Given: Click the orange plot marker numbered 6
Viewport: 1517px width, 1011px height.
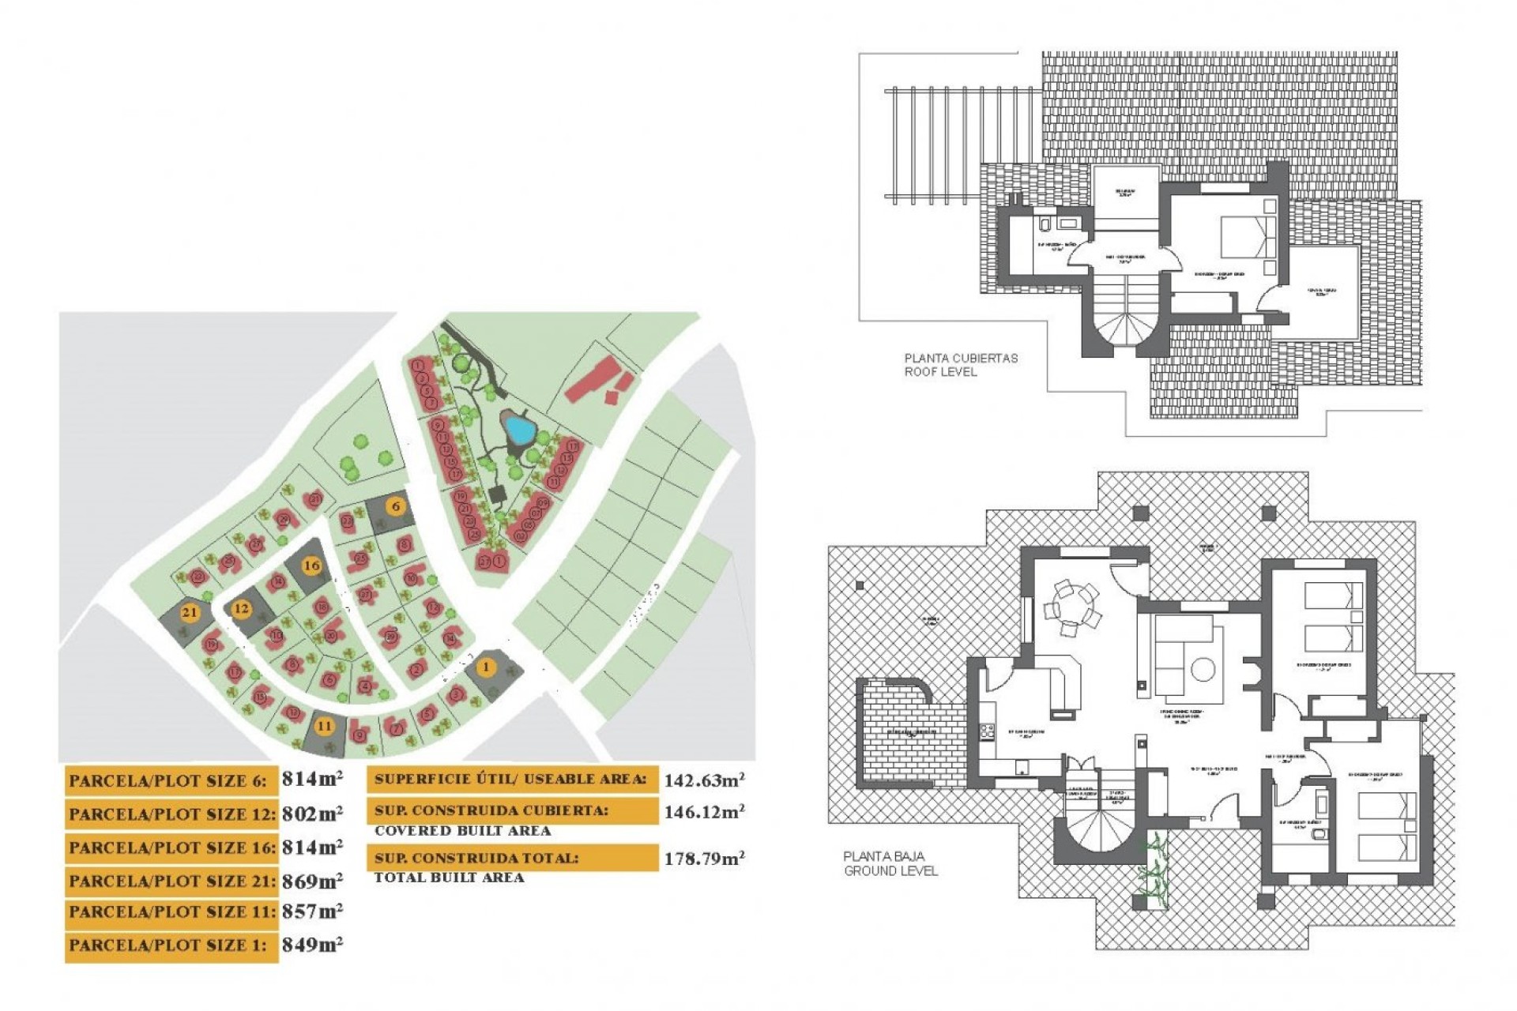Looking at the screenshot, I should click(x=396, y=506).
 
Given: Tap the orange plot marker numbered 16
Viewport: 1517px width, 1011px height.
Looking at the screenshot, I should click(x=312, y=566).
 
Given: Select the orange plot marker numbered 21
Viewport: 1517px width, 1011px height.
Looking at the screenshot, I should click(x=190, y=612).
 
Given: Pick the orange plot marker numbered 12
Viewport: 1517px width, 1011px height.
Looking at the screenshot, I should click(x=241, y=609).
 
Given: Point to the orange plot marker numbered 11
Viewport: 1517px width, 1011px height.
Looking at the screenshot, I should click(x=324, y=726).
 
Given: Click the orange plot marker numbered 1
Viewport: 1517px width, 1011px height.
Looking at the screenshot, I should click(x=487, y=667).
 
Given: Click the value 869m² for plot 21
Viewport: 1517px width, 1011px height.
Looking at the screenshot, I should click(x=312, y=881).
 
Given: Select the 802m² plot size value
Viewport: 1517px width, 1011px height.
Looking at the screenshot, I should click(x=312, y=814).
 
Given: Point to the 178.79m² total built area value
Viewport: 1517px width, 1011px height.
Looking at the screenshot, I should click(x=703, y=859).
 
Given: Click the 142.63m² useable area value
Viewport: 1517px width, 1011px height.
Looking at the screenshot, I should click(x=703, y=780).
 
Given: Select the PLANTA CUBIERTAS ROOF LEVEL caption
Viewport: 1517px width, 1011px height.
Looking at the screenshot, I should click(x=961, y=365).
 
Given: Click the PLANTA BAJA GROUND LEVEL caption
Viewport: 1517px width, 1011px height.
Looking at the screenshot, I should click(x=890, y=863).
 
